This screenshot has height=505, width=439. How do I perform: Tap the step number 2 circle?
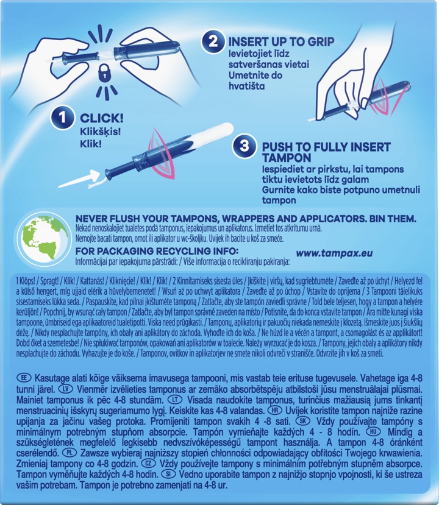tap(213, 41)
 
